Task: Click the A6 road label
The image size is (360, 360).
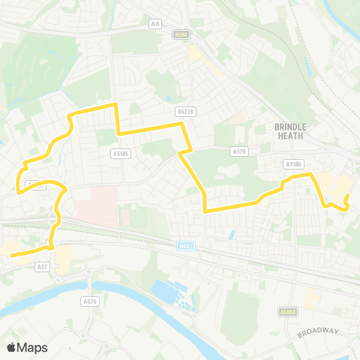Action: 155,24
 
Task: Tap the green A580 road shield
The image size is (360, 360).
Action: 180,34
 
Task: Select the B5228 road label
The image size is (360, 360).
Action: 184,111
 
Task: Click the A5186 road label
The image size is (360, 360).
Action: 292,163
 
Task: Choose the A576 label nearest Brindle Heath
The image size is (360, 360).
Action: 239,151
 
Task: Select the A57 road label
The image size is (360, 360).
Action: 43,265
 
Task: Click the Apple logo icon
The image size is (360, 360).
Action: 11,347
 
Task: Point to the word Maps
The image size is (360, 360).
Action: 33,347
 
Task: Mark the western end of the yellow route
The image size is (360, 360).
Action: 12,256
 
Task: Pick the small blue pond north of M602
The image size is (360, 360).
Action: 231,235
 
